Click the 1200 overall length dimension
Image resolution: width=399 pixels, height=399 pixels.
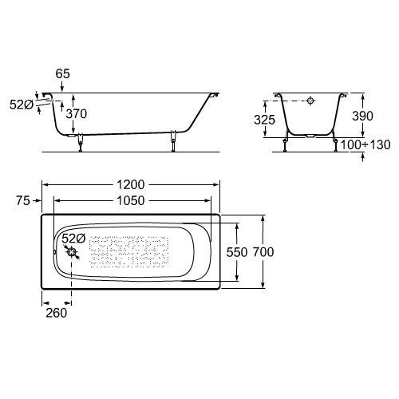point(131,184)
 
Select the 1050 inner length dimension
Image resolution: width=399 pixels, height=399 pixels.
point(131,200)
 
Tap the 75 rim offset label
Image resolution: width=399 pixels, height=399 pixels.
point(23,200)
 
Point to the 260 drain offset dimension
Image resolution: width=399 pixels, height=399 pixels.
point(57,313)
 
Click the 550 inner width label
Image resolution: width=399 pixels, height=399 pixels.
point(237,252)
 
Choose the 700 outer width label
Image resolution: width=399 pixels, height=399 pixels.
point(263,252)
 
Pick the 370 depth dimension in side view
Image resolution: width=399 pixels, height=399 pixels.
point(77,114)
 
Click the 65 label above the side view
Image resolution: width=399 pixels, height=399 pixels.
point(63,73)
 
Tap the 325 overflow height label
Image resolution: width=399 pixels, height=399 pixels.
point(264,120)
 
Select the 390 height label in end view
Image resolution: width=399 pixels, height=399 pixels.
point(362,116)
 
